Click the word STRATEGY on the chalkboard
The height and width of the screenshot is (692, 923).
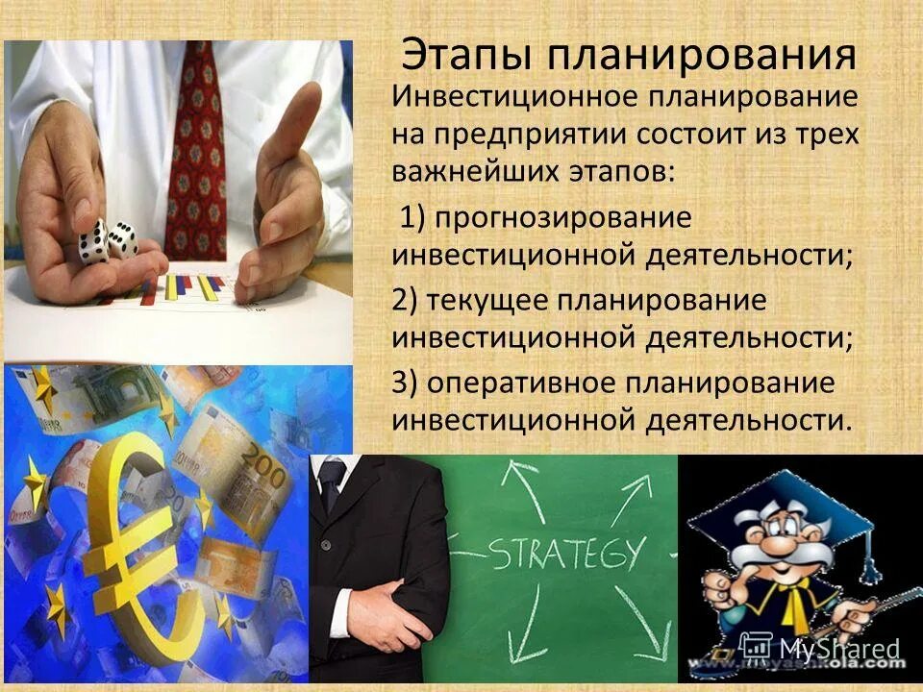[567, 555]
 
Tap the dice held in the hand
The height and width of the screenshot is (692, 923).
[107, 240]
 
